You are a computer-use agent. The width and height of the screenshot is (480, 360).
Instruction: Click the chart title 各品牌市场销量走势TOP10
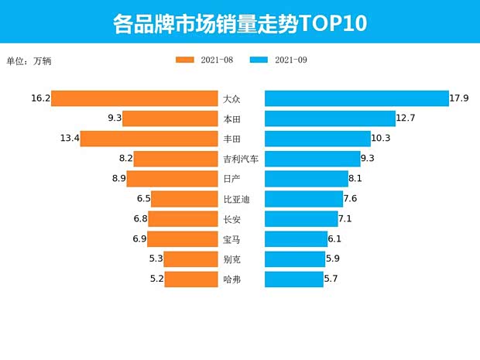(239, 22)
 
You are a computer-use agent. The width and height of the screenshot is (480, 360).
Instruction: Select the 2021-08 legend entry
(204, 60)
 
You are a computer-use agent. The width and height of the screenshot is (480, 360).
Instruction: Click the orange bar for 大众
(134, 98)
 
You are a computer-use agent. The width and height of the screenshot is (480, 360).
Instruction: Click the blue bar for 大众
(357, 98)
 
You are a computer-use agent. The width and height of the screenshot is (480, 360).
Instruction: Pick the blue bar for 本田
(330, 118)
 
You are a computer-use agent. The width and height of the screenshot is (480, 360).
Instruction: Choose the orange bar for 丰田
(149, 139)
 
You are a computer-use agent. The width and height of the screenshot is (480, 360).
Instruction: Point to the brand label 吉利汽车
(240, 159)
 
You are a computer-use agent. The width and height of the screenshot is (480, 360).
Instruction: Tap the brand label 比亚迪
(236, 199)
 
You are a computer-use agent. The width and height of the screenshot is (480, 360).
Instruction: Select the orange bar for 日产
(172, 179)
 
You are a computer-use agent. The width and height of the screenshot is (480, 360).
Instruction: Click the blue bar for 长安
(301, 219)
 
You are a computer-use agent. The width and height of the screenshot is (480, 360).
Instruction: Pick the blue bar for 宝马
(296, 239)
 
